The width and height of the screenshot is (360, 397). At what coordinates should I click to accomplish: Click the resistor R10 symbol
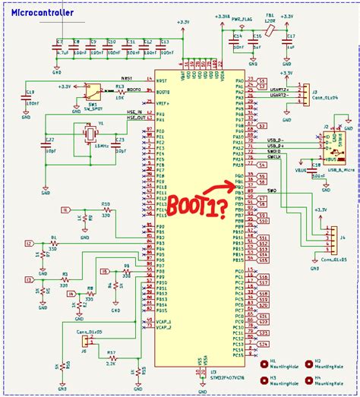pyautogui.click(x=106, y=211)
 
